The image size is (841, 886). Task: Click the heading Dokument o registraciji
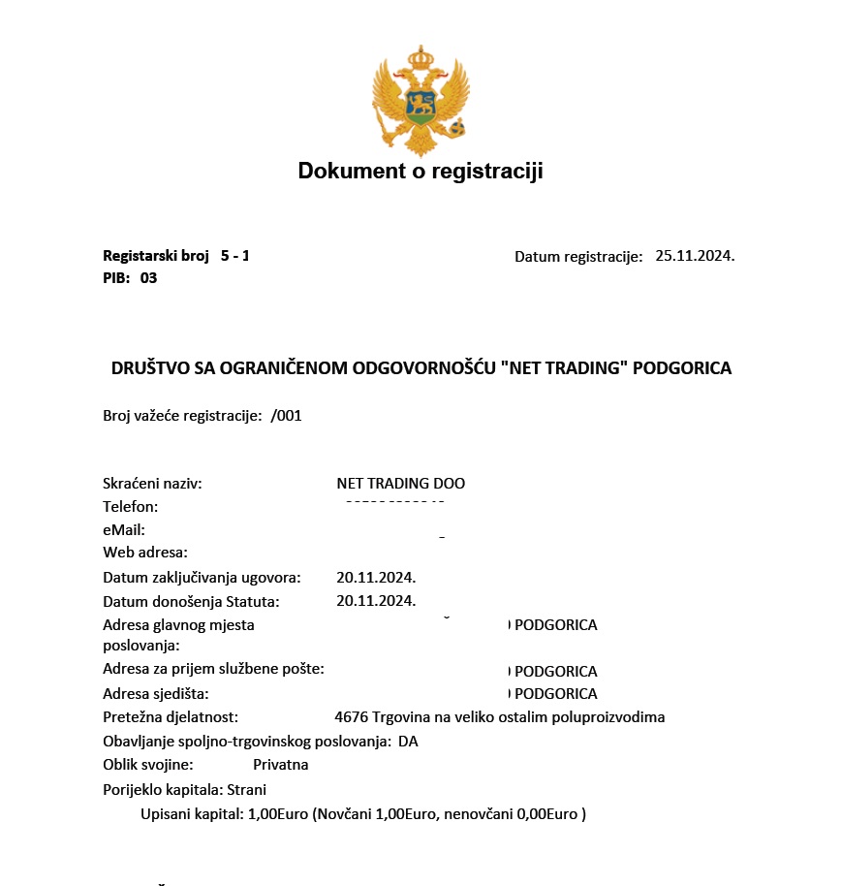click(420, 172)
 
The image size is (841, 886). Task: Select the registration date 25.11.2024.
click(695, 256)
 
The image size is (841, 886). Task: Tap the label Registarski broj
click(156, 256)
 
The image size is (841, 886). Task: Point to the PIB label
click(116, 278)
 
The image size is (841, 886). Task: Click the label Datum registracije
click(578, 257)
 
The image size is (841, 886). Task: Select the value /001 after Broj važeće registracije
click(287, 415)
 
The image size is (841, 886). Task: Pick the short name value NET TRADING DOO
click(401, 483)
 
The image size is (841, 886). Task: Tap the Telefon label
click(130, 506)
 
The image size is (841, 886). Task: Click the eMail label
click(124, 529)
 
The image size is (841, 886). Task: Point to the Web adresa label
click(145, 553)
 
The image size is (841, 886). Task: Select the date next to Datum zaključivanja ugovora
click(376, 578)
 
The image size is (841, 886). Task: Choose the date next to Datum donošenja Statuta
click(376, 601)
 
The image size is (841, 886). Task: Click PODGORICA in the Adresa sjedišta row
click(555, 694)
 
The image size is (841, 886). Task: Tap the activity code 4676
click(351, 717)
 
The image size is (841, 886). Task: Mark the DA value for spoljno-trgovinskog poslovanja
click(408, 742)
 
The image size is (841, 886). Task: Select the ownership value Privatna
click(281, 765)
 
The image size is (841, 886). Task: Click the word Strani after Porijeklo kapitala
click(247, 789)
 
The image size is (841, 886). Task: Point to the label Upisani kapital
click(192, 814)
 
